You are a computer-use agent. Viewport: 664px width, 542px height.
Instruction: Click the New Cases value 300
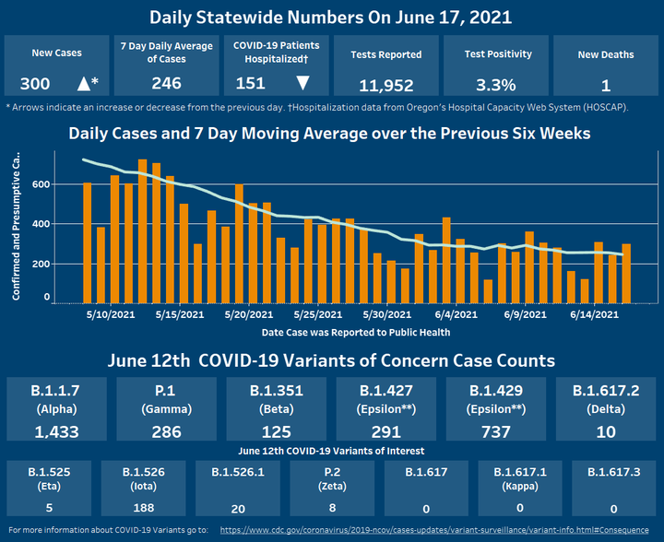pyautogui.click(x=35, y=84)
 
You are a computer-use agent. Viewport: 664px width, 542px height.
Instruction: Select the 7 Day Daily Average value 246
pyautogui.click(x=166, y=84)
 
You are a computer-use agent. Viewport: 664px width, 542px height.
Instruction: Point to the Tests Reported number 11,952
pyautogui.click(x=386, y=86)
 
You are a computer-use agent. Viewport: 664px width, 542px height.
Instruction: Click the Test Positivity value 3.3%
pyautogui.click(x=496, y=86)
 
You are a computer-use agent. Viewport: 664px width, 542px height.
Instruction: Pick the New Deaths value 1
pyautogui.click(x=605, y=86)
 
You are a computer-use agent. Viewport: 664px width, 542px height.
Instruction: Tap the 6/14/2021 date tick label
pyautogui.click(x=593, y=315)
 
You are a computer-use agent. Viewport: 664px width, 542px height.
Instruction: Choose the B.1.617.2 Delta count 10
pyautogui.click(x=606, y=431)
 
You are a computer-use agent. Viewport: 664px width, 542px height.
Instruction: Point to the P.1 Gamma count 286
pyautogui.click(x=166, y=431)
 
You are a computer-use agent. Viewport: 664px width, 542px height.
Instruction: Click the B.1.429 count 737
pyautogui.click(x=496, y=431)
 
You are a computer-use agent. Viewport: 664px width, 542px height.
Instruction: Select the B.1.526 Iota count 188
pyautogui.click(x=141, y=506)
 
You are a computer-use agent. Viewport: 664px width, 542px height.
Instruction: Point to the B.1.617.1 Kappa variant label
pyautogui.click(x=521, y=477)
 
